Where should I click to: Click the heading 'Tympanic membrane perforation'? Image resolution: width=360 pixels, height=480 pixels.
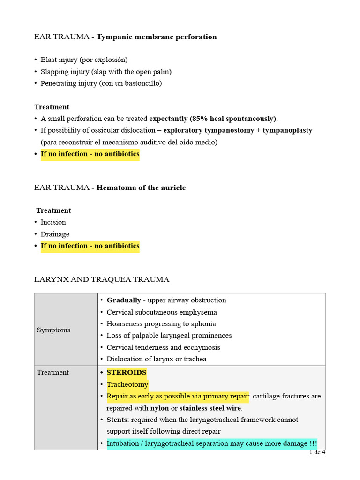point(157,37)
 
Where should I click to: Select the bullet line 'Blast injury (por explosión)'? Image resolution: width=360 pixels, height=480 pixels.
point(84,60)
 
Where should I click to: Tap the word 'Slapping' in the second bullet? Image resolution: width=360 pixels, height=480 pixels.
point(54,72)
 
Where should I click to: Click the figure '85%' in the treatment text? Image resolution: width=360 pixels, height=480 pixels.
point(200,119)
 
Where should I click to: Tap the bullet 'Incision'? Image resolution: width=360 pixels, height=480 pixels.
point(53,222)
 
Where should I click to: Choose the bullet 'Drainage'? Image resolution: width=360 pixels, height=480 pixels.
point(55,234)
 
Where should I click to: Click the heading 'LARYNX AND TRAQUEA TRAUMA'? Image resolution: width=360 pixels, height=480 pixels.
point(102,279)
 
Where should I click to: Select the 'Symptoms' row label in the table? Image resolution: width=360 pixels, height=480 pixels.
point(53,330)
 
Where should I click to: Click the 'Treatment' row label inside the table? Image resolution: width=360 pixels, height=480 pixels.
point(52,373)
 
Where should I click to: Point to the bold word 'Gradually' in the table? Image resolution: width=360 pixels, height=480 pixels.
point(124,300)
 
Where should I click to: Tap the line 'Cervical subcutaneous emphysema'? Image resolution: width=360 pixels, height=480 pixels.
point(162,312)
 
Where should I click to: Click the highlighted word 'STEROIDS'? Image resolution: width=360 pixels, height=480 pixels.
point(127,373)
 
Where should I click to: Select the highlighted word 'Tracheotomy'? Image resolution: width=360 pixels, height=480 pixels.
point(127,384)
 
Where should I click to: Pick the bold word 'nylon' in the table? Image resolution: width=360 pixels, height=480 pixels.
point(159,408)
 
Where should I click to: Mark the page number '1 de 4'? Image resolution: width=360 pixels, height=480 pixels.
point(317,452)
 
